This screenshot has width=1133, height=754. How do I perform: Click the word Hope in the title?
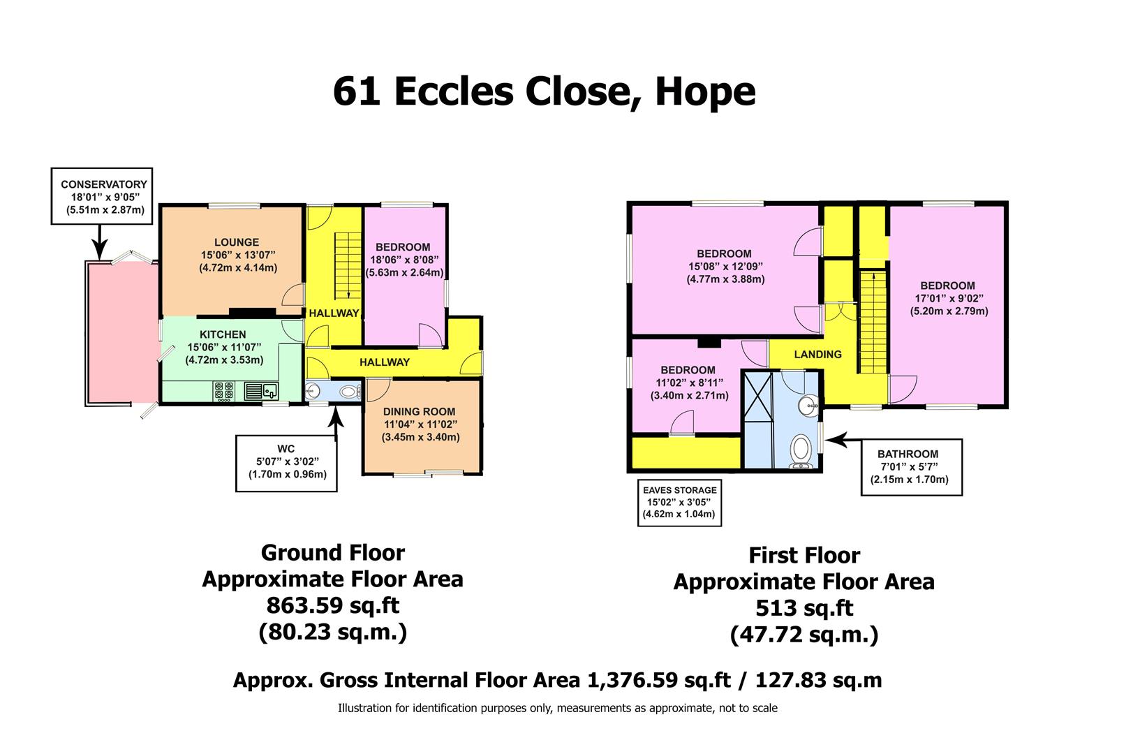704,91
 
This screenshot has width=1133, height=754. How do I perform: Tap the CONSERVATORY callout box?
103,196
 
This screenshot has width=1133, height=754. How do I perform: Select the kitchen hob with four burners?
224,391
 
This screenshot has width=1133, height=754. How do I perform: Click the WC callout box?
286,462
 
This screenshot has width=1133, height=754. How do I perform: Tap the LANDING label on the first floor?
817,354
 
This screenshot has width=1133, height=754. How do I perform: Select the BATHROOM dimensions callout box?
911,466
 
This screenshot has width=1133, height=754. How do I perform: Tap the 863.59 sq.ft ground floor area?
332,605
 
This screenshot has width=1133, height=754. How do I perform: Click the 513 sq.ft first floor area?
804,608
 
